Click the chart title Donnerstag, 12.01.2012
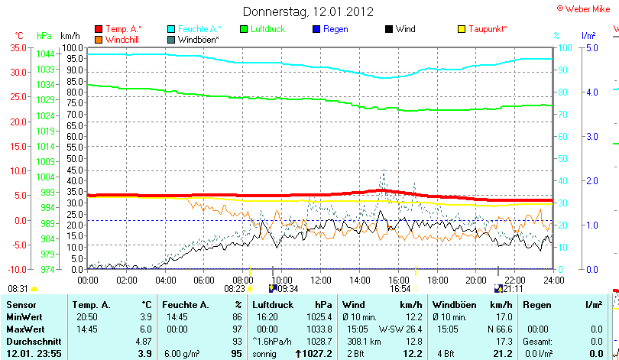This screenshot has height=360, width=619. (308, 11)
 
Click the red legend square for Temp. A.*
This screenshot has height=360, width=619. (99, 29)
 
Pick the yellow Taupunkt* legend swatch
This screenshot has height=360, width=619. (461, 29)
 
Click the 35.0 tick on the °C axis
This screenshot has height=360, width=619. (18, 47)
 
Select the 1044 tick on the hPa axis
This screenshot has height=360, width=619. (45, 54)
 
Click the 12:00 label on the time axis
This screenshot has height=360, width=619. (321, 280)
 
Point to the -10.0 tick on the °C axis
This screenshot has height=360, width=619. (17, 270)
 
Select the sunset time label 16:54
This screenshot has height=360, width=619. (400, 289)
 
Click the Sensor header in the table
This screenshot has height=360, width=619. (21, 305)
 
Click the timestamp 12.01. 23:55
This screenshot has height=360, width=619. (34, 354)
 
